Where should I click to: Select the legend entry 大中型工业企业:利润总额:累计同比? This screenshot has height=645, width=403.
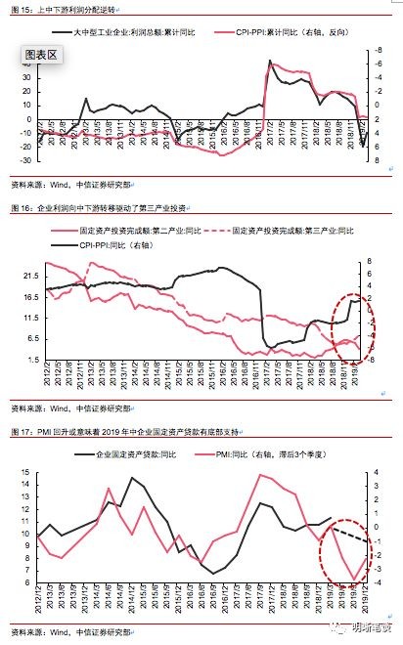143,33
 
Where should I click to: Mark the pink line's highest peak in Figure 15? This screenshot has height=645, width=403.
270,62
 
